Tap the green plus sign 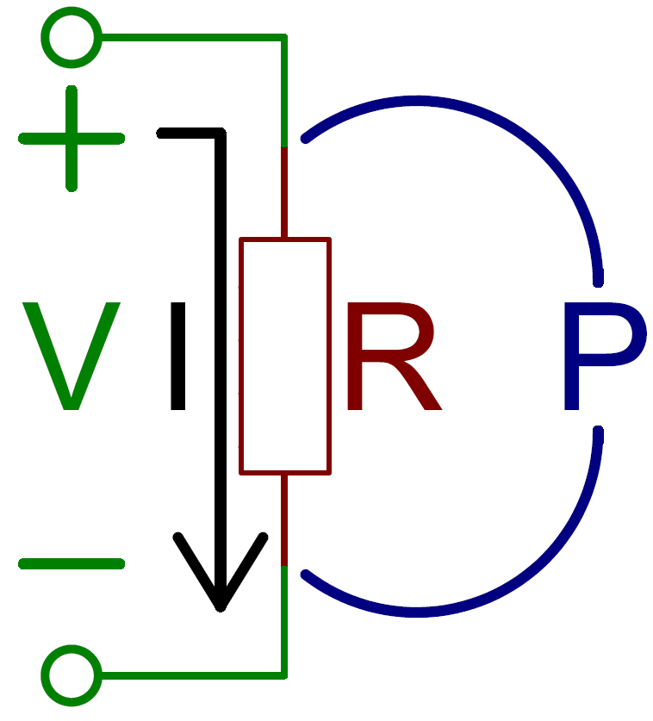point(72,139)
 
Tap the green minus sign point(72,563)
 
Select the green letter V point(72,356)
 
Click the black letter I point(178,356)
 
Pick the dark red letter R point(394,356)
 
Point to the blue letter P point(605,356)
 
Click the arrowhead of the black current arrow point(221,606)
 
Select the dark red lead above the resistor point(284,192)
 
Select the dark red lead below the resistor point(284,520)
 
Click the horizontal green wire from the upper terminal point(193,37)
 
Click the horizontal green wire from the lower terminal point(193,675)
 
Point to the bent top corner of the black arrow point(221,134)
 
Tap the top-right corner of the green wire point(284,37)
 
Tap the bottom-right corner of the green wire point(284,675)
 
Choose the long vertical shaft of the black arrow point(221,368)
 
